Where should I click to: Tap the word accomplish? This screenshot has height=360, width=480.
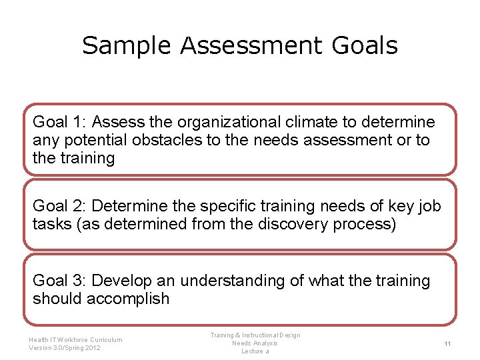coord(129,299)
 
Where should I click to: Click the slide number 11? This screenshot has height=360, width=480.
coord(447,343)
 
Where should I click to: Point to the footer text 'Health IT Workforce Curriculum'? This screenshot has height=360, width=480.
coord(75,339)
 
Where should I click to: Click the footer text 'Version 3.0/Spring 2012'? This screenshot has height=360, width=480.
coord(65,347)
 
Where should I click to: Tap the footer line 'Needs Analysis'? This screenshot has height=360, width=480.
coord(255,343)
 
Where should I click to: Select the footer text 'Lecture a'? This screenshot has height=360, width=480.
coord(255,351)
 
